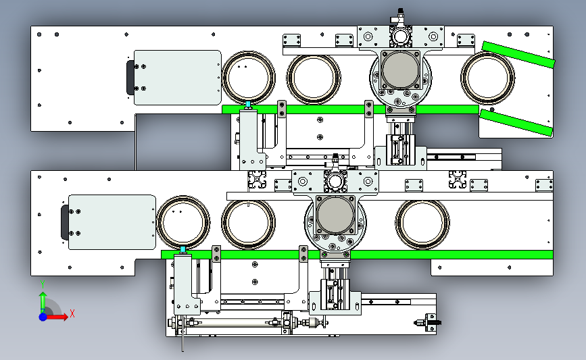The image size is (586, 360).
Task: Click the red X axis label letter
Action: click(x=72, y=313)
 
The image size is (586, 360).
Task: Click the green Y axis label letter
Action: click(x=43, y=284)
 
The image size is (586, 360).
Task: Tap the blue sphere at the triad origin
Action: click(x=43, y=317)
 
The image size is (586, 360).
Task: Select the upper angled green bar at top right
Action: click(x=518, y=55)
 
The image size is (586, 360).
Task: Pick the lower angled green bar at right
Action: click(x=516, y=122)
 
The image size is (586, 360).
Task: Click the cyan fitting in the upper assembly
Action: click(x=248, y=104)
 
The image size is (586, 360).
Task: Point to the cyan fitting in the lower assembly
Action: click(x=182, y=249)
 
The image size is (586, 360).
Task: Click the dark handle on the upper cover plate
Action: click(x=130, y=78)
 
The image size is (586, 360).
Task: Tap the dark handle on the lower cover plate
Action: click(x=64, y=222)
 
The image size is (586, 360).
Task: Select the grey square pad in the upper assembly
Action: click(x=400, y=70)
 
